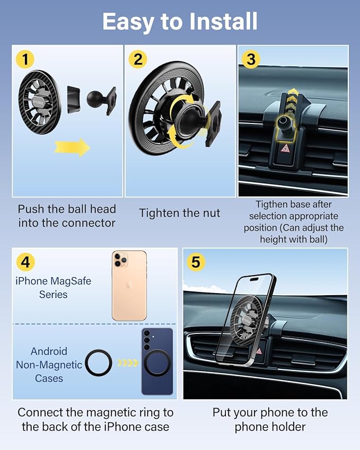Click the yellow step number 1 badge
pyautogui.click(x=25, y=59)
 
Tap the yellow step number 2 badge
pyautogui.click(x=138, y=59)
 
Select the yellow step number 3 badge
pyautogui.click(x=251, y=59)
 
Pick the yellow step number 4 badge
pyautogui.click(x=25, y=262)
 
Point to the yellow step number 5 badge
pyautogui.click(x=196, y=262)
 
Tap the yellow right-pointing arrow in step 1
pyautogui.click(x=72, y=147)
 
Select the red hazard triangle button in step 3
pyautogui.click(x=285, y=148)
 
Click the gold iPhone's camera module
pyautogui.click(x=120, y=259)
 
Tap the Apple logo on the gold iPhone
pyautogui.click(x=129, y=285)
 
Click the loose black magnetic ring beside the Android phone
pyautogui.click(x=99, y=363)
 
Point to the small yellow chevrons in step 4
pyautogui.click(x=128, y=363)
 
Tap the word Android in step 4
pyautogui.click(x=49, y=351)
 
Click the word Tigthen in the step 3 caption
pyautogui.click(x=271, y=205)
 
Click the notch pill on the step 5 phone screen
pyautogui.click(x=254, y=279)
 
